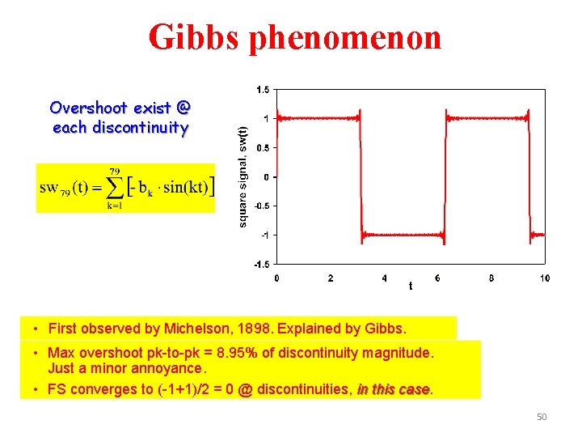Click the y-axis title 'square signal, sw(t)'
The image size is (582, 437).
(242, 175)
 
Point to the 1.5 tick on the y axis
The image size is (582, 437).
(263, 89)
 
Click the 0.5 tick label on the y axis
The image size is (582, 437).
(263, 147)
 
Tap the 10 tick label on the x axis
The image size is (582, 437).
(545, 278)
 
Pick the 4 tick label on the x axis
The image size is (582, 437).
(384, 278)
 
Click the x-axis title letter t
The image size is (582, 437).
(410, 285)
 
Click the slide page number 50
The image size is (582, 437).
(542, 417)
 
